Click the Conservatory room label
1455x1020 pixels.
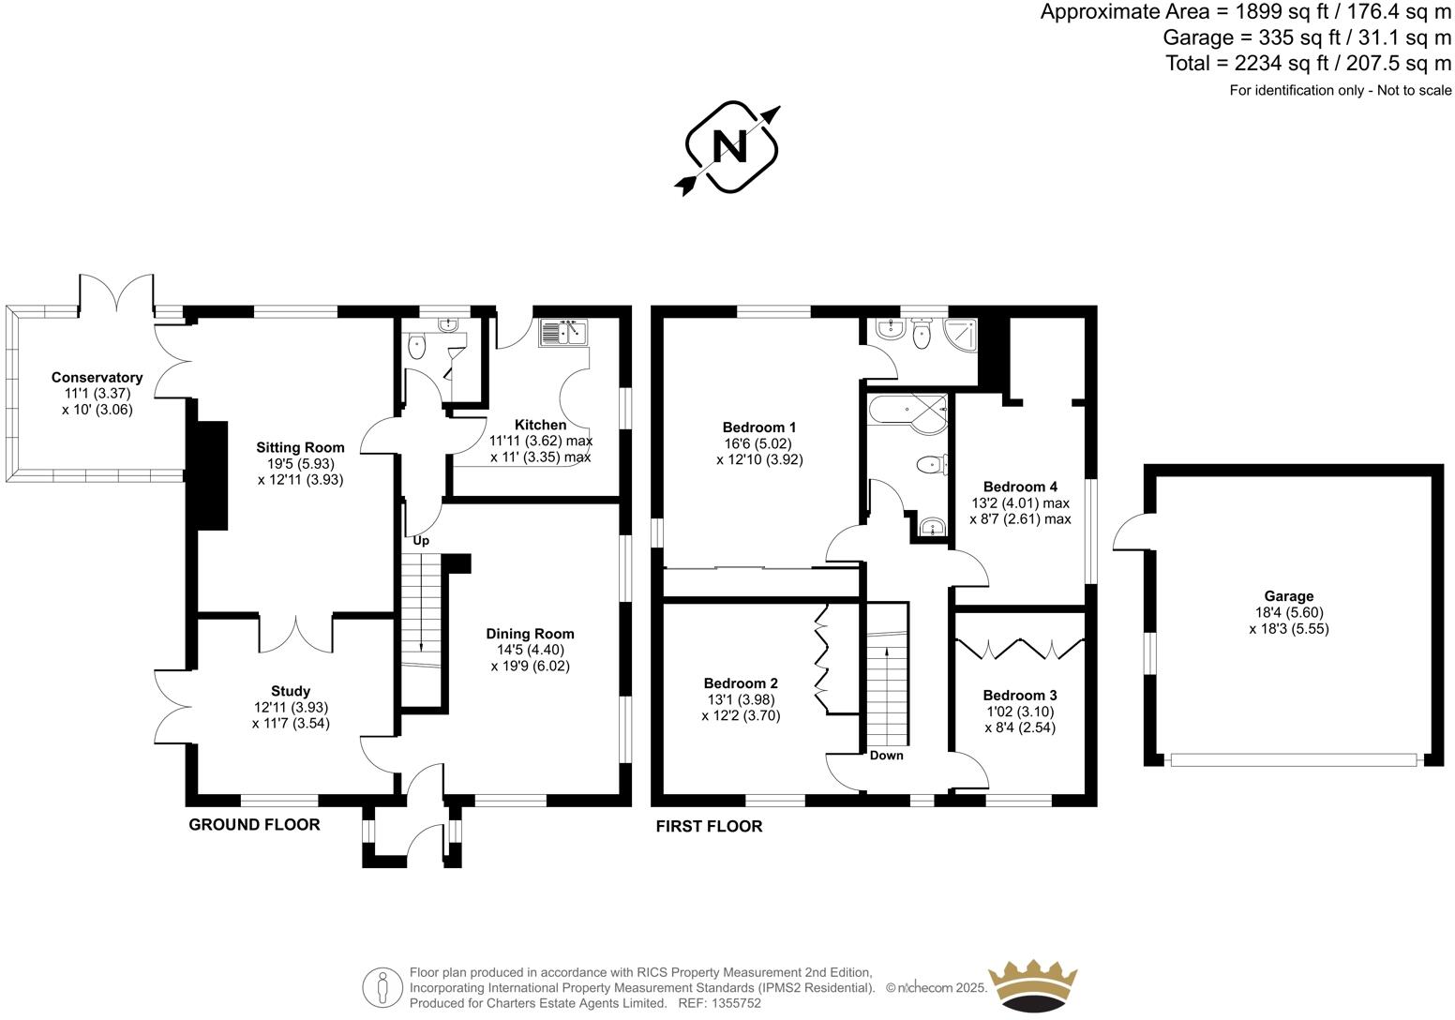[97, 378]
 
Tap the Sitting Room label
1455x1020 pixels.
[300, 447]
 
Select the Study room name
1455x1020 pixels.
[291, 691]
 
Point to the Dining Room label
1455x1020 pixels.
[530, 634]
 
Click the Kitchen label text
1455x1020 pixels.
[541, 425]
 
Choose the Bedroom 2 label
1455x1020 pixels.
[741, 683]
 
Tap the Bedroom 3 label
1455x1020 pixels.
[1020, 695]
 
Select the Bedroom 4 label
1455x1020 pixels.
[1020, 487]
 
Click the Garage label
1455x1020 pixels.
[1288, 595]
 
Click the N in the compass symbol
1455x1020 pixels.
[730, 147]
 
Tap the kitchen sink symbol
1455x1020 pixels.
[562, 332]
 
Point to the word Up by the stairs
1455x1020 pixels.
[421, 541]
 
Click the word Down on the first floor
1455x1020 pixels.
[886, 756]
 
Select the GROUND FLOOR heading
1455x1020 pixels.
[254, 825]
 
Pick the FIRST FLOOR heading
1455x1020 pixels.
[709, 827]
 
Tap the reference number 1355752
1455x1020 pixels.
[736, 1003]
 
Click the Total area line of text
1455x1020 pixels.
[1308, 64]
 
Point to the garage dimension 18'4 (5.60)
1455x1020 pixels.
[1288, 612]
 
